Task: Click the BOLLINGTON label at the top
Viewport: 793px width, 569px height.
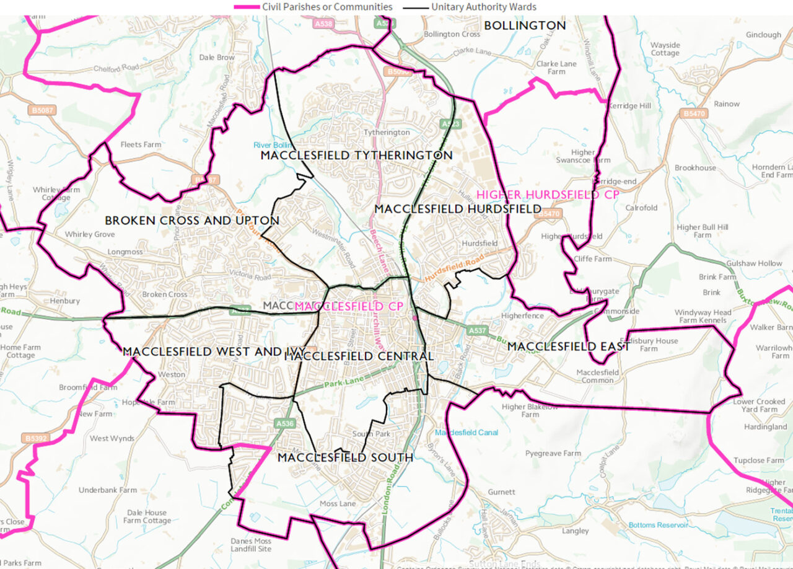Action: [525, 25]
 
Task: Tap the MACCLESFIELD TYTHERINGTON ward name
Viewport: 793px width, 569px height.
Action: [356, 155]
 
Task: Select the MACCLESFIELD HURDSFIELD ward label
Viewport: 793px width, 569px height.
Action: [458, 209]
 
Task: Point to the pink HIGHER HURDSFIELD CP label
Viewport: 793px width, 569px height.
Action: [548, 195]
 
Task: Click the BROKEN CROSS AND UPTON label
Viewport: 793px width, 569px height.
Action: [192, 221]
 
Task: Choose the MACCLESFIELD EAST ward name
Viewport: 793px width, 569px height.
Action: [568, 346]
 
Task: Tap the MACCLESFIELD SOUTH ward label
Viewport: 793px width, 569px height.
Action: [345, 457]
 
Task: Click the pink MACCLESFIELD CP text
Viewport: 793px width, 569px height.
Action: [349, 306]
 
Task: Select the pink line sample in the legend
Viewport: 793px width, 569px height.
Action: [246, 7]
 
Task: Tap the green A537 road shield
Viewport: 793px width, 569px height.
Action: [478, 331]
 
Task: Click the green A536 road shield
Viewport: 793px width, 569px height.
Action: [284, 423]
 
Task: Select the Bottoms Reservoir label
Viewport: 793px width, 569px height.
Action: [658, 525]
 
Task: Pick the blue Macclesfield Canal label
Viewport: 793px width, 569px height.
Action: [467, 432]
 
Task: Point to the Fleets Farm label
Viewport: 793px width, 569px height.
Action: [141, 144]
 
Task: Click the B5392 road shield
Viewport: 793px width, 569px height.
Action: [36, 438]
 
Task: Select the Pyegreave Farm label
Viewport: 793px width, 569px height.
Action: [553, 454]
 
